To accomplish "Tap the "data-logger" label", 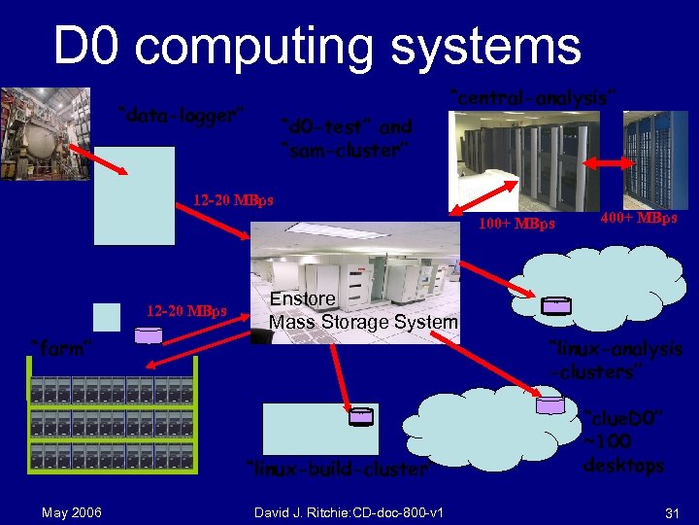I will point(179,115).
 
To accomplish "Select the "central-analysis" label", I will point(533,96).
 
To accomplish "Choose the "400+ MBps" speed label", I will point(639,219).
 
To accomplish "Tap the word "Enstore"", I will point(303,298).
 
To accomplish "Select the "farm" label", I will point(61,347).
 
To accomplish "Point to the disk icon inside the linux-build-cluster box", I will point(360,415).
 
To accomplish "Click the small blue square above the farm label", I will point(107,317).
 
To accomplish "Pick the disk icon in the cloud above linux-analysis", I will point(556,305).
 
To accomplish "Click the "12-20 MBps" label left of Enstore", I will point(186,311).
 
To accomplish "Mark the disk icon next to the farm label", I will point(149,335).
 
